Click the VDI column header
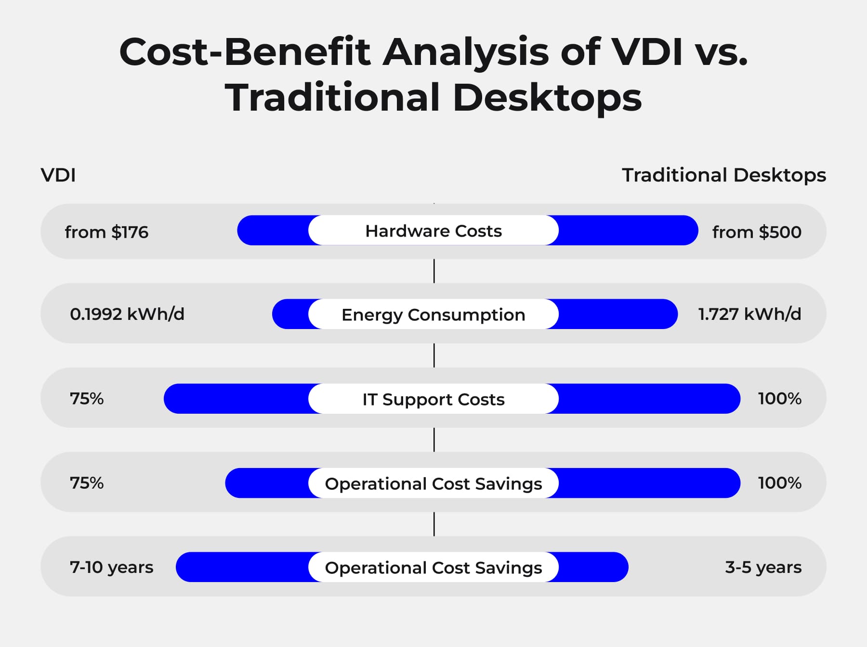point(58,175)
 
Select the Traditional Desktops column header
point(723,175)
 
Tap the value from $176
point(106,232)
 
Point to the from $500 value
point(757,232)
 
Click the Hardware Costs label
point(433,231)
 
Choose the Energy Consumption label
point(433,315)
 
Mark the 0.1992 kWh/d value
point(127,314)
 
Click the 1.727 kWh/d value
point(749,314)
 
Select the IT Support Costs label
point(433,399)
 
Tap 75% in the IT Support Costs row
point(87,399)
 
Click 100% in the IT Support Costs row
point(779,399)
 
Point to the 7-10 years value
point(111,567)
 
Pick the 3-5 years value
point(763,567)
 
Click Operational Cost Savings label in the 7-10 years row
point(433,568)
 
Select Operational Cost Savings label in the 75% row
point(433,483)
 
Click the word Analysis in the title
point(465,52)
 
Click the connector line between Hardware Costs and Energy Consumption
point(434,271)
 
